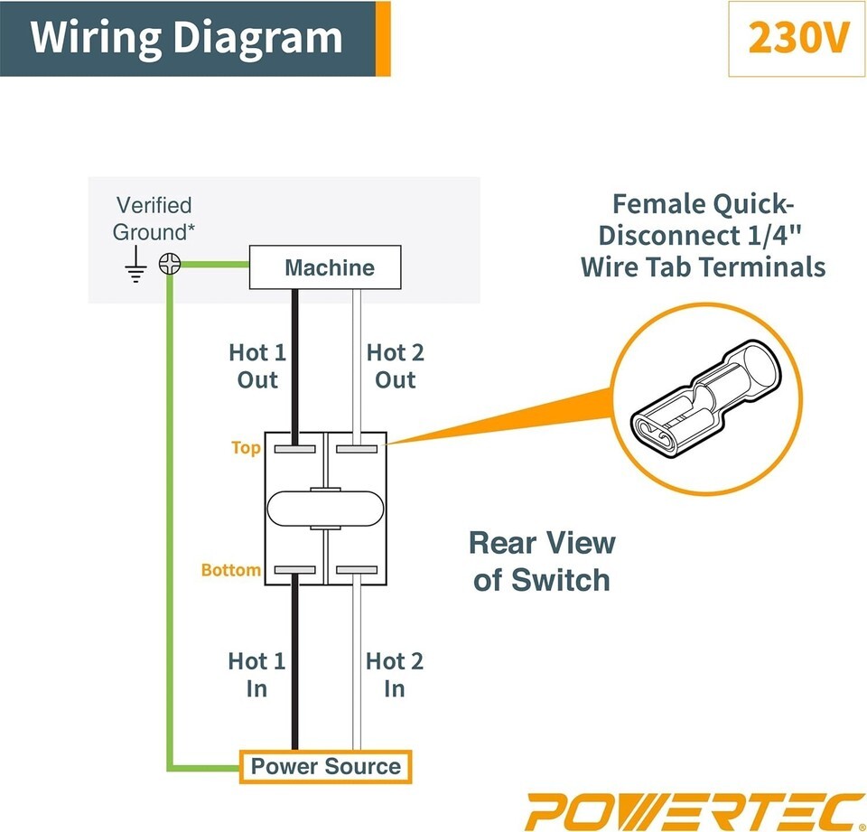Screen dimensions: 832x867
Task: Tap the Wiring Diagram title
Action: [x=187, y=38]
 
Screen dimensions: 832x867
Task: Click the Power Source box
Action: [x=325, y=767]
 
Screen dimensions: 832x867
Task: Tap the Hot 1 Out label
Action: [x=257, y=366]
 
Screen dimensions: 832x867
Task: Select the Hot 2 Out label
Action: [x=395, y=366]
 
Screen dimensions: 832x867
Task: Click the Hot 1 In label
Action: [x=256, y=675]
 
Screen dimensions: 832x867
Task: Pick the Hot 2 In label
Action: [x=394, y=675]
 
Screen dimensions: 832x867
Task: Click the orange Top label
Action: [x=246, y=448]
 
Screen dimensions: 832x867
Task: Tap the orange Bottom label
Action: [x=231, y=571]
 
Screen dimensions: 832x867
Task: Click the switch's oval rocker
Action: [x=325, y=509]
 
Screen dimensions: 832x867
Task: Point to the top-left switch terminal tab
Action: [x=294, y=447]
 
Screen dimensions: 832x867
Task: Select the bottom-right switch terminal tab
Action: [x=357, y=570]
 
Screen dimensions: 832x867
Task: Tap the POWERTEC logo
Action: [x=695, y=809]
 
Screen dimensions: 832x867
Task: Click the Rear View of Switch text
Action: [x=542, y=561]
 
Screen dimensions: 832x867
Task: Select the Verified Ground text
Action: [x=154, y=218]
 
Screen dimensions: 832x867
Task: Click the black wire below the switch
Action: [x=294, y=668]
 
